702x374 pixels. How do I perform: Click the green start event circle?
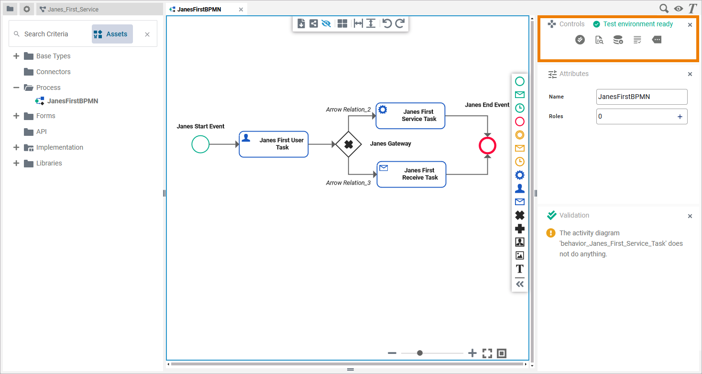point(200,144)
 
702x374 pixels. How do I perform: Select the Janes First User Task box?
point(274,144)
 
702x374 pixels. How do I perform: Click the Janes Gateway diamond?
point(348,144)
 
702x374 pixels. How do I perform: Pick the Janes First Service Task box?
point(410,116)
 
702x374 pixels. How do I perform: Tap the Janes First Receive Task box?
point(411,174)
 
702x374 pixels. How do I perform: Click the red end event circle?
point(487,146)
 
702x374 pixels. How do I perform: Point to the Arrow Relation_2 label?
point(348,110)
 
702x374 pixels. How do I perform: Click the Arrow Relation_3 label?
point(348,183)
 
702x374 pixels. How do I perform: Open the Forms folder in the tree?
point(45,116)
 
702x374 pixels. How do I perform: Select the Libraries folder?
point(49,163)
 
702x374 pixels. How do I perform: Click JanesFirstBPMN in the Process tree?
point(72,101)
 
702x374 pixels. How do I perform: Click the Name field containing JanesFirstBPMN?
point(641,97)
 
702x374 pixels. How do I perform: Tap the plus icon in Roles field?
point(680,117)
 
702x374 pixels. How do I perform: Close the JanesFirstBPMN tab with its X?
point(241,10)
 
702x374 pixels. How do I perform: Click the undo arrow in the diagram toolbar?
point(387,23)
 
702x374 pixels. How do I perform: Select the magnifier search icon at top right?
point(664,9)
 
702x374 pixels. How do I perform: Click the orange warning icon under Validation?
point(551,233)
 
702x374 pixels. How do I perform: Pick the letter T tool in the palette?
point(519,269)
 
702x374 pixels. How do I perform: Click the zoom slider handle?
point(420,353)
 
